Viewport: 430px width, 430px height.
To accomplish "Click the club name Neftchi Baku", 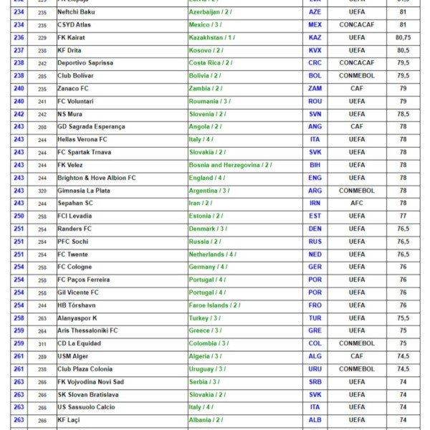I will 76,12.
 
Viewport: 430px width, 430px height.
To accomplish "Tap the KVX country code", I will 315,50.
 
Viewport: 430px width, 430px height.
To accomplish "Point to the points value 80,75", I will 403,37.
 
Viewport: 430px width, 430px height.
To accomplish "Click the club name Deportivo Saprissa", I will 85,63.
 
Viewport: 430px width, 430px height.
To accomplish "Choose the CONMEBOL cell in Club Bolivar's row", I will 356,76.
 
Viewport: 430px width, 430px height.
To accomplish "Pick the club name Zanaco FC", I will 73,88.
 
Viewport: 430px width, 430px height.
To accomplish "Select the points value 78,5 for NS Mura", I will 403,114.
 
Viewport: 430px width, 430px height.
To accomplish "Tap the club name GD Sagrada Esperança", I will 91,127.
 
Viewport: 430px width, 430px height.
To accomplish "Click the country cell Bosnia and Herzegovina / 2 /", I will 229,165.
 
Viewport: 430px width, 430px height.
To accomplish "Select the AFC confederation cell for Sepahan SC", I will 356,203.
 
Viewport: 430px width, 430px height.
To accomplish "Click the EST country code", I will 315,216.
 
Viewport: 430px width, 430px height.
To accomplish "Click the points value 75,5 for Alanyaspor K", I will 403,318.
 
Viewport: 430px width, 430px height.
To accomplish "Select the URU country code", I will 315,369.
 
